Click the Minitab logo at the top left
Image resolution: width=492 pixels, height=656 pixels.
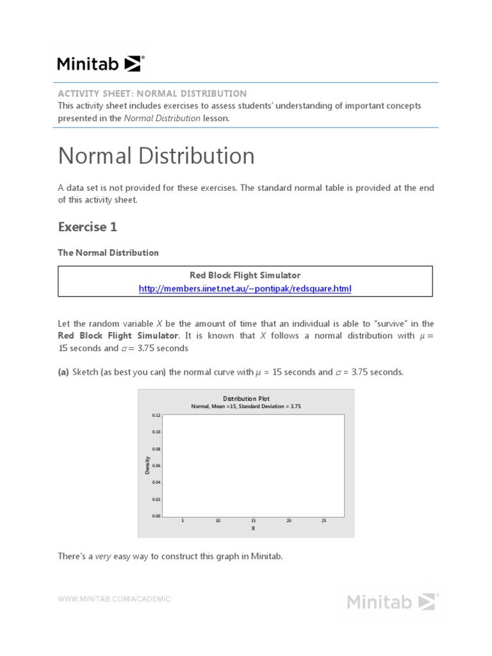101,63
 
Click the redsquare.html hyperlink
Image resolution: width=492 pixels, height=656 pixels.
245,288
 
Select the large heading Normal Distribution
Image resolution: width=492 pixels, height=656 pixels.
156,156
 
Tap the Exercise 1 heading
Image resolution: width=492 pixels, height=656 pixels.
88,227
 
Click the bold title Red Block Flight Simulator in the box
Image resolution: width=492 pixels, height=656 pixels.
245,275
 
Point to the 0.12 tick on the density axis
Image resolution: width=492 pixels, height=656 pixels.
156,416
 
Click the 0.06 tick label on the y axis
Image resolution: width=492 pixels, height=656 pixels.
156,466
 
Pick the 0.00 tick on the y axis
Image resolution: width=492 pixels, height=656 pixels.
156,516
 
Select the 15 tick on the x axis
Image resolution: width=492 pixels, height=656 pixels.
253,521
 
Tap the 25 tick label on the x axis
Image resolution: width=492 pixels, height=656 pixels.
324,521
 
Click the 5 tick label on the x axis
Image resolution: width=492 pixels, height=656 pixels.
183,521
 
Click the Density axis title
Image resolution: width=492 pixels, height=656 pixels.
147,465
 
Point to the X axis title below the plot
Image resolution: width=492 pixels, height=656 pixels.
253,529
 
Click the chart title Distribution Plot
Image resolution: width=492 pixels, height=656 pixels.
246,398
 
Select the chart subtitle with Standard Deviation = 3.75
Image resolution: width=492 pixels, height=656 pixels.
246,406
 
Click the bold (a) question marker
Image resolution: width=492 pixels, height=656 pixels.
63,372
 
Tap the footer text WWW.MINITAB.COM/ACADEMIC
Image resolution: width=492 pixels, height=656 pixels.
115,599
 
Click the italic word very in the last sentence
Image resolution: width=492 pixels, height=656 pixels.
103,556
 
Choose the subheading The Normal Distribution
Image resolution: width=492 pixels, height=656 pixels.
108,252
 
